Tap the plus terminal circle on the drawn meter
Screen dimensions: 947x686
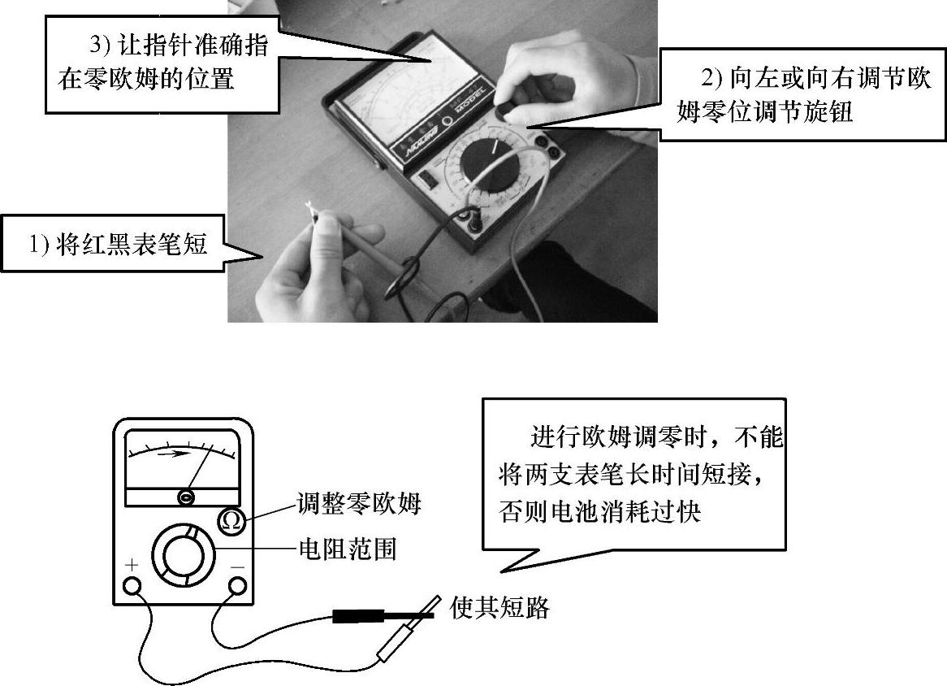(x=132, y=586)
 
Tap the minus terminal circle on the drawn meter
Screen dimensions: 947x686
(x=237, y=586)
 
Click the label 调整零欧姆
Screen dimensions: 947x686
(x=359, y=503)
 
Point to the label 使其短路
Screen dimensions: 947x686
(x=499, y=607)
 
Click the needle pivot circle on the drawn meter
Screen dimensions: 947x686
(x=187, y=497)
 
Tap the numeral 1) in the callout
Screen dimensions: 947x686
(x=38, y=244)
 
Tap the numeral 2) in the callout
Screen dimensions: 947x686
(x=711, y=79)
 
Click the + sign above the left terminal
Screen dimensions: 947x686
(x=132, y=565)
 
